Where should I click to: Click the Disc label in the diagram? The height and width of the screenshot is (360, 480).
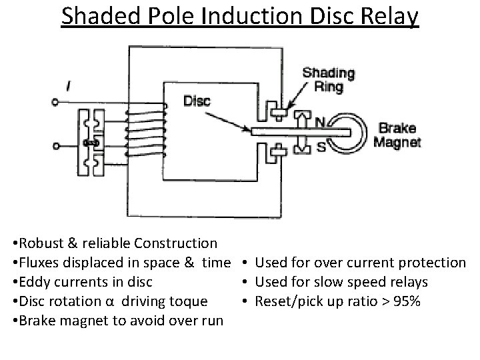[197, 101]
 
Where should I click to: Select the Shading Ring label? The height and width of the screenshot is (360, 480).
[328, 79]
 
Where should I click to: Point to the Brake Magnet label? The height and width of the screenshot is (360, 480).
[397, 134]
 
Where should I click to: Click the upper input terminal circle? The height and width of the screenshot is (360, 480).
[55, 103]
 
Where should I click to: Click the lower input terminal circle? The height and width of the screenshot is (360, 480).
[55, 145]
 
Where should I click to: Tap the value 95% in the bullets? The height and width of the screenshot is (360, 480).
[405, 301]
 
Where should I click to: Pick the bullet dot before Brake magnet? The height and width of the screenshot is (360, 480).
[15, 321]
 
